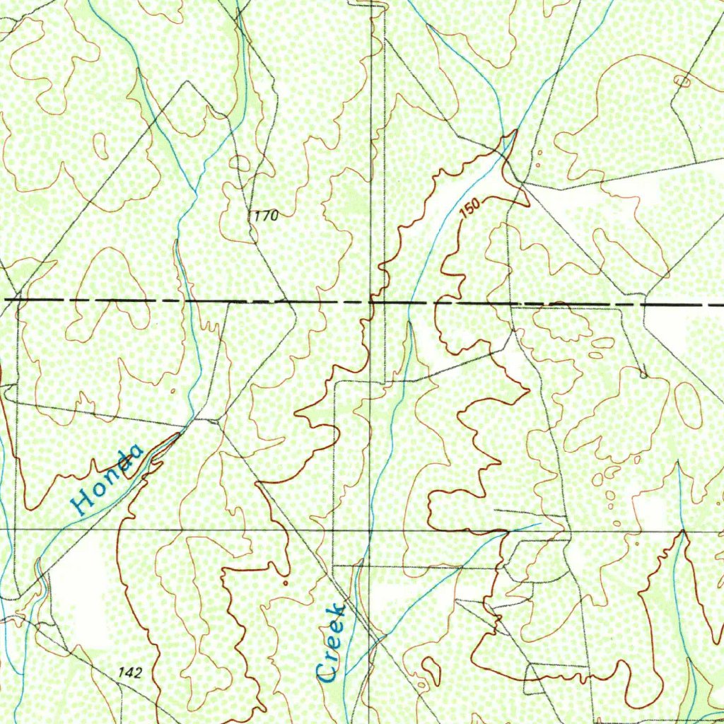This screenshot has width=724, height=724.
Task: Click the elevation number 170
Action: pos(265,216)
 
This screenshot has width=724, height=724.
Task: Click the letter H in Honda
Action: pos(83,502)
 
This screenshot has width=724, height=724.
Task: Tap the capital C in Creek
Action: pos(327,672)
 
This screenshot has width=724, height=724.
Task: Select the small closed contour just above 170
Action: pos(240,163)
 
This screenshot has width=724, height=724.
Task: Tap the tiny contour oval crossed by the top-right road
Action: pos(683,81)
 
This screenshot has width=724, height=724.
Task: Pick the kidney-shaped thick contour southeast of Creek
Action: pos(431,668)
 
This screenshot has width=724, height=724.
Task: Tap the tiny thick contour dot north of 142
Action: pos(285,583)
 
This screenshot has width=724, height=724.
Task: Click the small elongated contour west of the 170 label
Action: pos(101,146)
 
